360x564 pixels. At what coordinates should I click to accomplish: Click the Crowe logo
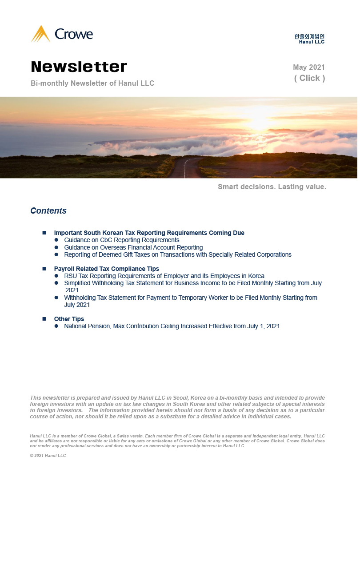pyautogui.click(x=62, y=34)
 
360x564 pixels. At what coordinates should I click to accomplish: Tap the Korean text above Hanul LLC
pyautogui.click(x=309, y=36)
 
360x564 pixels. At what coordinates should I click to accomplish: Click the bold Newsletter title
pyautogui.click(x=79, y=67)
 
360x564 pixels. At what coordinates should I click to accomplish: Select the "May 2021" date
pyautogui.click(x=309, y=68)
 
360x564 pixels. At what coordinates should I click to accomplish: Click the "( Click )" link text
pyautogui.click(x=309, y=78)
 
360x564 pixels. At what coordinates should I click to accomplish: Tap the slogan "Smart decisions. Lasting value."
pyautogui.click(x=272, y=187)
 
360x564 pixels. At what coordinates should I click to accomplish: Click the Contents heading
pyautogui.click(x=48, y=211)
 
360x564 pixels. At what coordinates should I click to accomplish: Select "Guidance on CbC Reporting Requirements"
pyautogui.click(x=122, y=240)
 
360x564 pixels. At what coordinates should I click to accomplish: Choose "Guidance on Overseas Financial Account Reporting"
pyautogui.click(x=133, y=247)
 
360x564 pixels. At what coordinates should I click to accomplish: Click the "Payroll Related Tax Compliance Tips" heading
pyautogui.click(x=107, y=269)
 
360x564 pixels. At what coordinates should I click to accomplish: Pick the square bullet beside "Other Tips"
pyautogui.click(x=44, y=319)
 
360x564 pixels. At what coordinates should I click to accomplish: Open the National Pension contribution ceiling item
pyautogui.click(x=172, y=326)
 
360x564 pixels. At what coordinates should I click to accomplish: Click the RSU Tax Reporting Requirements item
pyautogui.click(x=164, y=276)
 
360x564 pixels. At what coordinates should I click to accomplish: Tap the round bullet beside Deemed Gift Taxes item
pyautogui.click(x=56, y=254)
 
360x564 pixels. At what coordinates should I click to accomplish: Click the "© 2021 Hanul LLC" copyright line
pyautogui.click(x=48, y=456)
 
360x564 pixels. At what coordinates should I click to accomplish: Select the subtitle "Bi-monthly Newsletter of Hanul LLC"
pyautogui.click(x=92, y=83)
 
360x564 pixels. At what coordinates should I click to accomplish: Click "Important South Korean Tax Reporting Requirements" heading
pyautogui.click(x=149, y=233)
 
